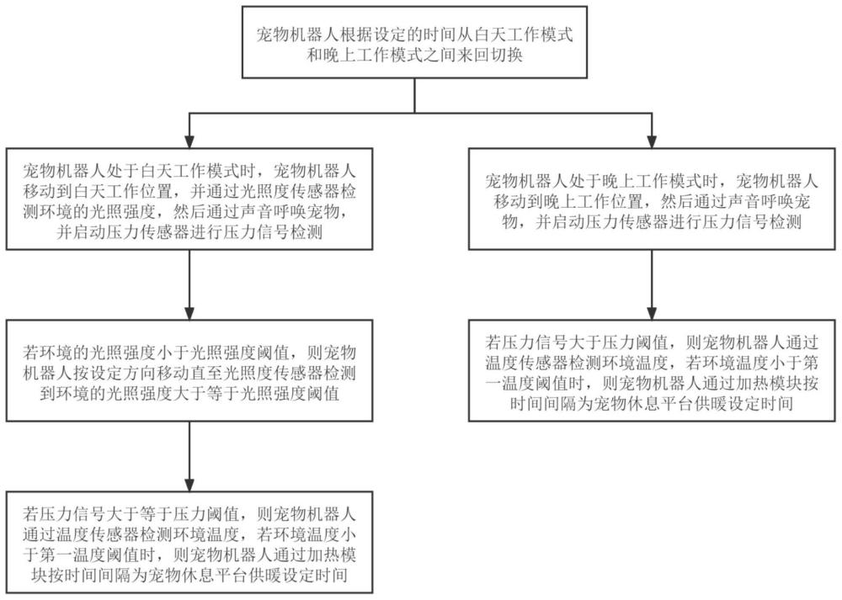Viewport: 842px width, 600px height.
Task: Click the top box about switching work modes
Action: tap(414, 42)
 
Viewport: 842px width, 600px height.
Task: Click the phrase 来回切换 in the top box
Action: tap(490, 55)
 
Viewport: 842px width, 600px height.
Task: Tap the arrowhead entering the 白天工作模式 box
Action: tap(189, 141)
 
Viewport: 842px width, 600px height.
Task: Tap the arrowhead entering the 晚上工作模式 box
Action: tap(652, 141)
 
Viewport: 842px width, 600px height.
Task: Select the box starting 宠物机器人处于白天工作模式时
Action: tap(189, 199)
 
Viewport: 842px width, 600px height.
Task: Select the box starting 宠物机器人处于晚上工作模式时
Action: tap(652, 199)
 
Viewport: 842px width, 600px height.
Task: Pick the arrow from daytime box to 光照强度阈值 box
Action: tap(189, 285)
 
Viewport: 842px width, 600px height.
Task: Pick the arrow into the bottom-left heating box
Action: tap(189, 456)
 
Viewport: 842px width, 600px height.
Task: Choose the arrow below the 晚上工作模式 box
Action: tap(652, 285)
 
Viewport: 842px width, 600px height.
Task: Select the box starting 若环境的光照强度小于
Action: tap(189, 371)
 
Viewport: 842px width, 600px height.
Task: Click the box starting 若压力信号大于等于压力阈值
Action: tap(189, 542)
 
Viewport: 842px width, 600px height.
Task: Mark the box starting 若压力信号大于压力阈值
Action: tap(652, 371)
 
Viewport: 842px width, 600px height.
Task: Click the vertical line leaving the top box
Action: tap(414, 96)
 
